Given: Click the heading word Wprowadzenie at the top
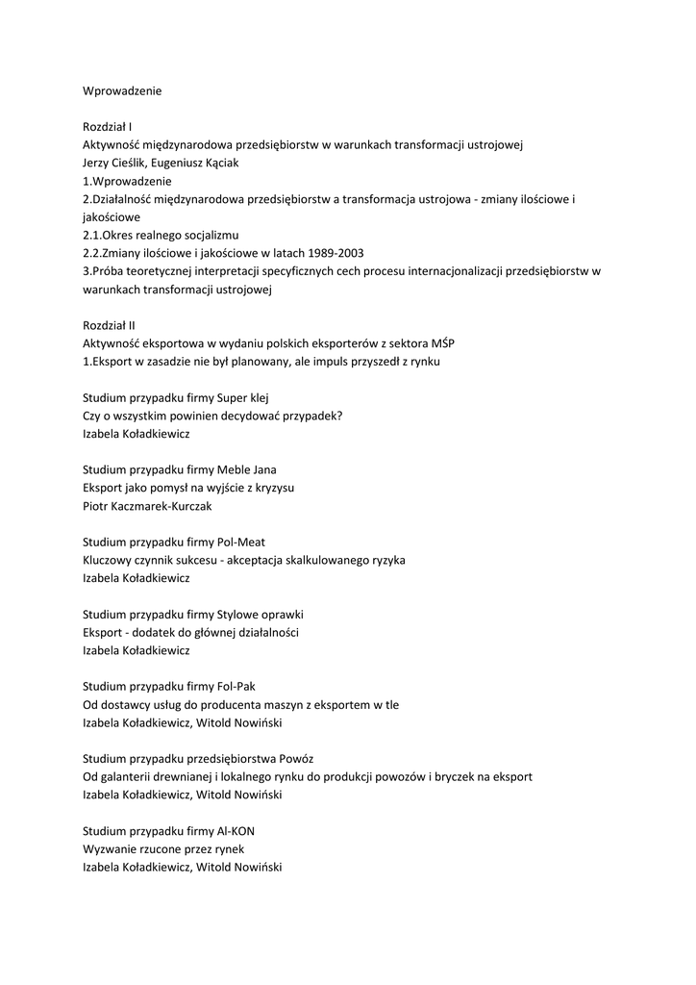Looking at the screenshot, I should (122, 91).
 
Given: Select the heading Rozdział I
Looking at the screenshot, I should (108, 127).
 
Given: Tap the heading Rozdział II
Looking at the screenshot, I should (109, 325).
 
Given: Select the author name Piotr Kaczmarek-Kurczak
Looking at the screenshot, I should (147, 505).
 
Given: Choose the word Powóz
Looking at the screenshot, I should (294, 758).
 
